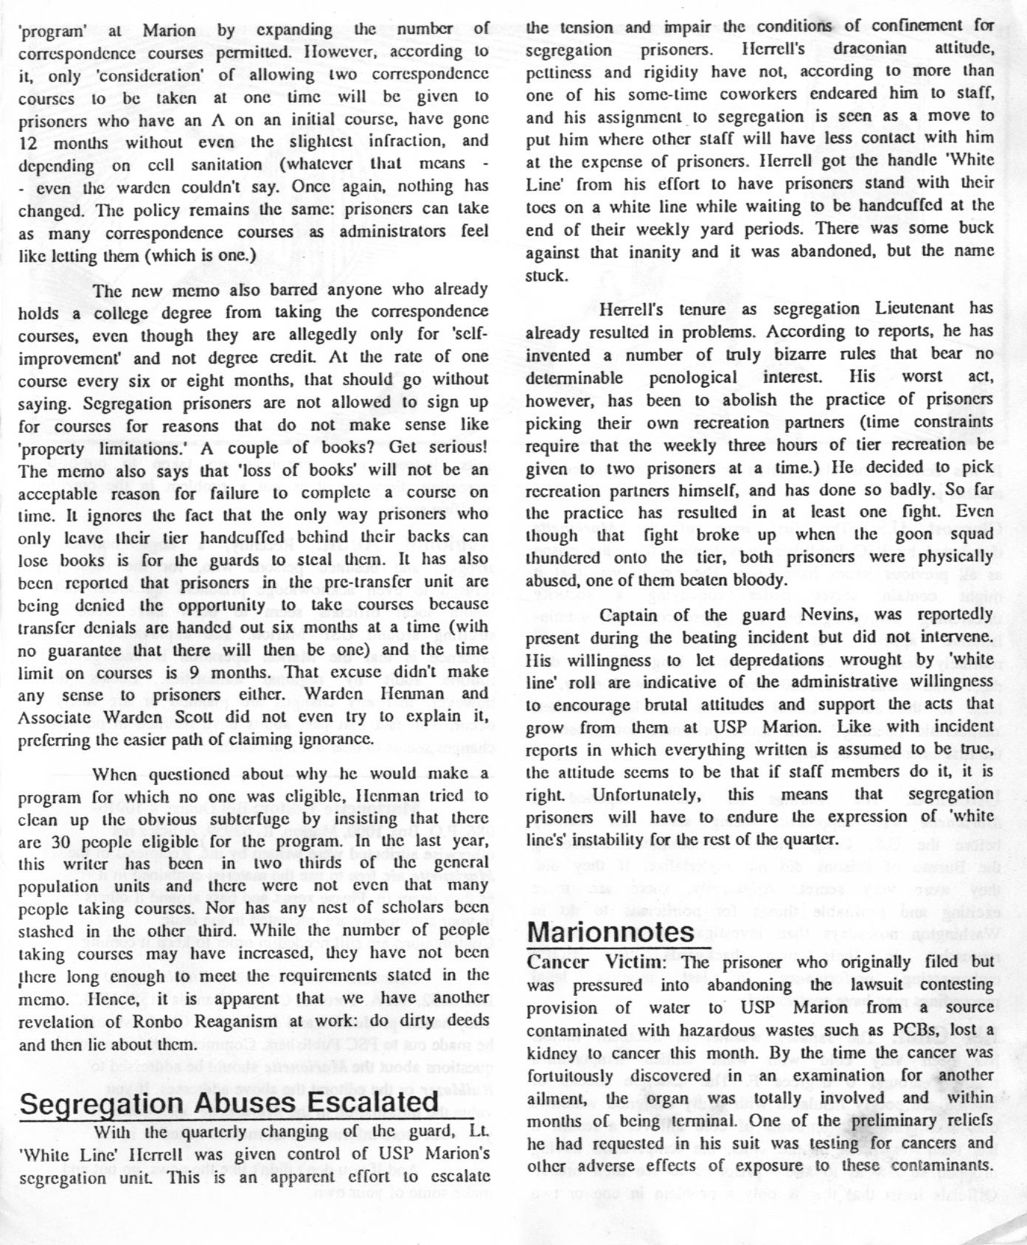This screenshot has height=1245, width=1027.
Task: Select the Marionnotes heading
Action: (x=610, y=932)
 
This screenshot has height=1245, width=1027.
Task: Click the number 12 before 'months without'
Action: (x=29, y=141)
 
